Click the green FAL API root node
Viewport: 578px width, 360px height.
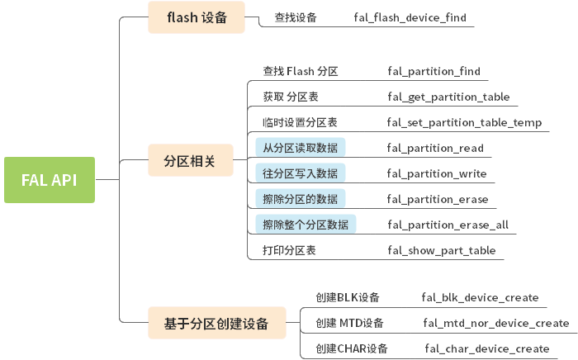click(50, 180)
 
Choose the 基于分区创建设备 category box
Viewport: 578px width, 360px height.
click(216, 323)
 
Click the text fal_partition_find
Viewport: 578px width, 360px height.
click(433, 72)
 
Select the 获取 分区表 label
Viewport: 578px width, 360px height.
click(291, 97)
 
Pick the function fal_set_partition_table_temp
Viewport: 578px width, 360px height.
click(464, 123)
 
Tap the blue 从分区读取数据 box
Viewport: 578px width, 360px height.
click(301, 149)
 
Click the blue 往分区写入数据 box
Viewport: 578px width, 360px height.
click(301, 174)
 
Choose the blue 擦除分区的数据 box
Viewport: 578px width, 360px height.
click(301, 200)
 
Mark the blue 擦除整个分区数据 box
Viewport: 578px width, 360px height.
click(306, 225)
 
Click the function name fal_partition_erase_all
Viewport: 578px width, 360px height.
click(448, 225)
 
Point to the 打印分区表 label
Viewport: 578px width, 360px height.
click(289, 250)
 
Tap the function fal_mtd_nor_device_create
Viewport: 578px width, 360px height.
click(496, 323)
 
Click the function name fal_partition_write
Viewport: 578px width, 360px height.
click(437, 174)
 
